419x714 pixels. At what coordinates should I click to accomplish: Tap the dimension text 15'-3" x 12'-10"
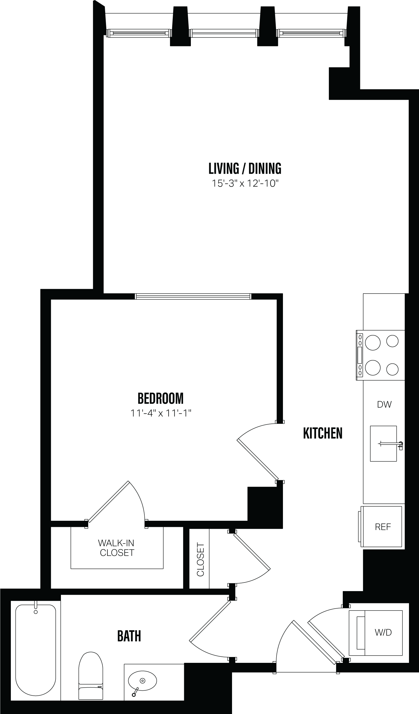(245, 184)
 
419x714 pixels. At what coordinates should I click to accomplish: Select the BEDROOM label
(161, 398)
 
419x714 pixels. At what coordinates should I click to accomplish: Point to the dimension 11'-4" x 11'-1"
(161, 413)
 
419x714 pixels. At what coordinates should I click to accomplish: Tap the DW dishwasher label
(384, 405)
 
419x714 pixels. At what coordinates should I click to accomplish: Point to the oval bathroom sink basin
(142, 681)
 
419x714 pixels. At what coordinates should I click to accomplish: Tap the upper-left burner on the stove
(373, 343)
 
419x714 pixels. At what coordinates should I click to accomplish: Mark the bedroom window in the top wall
(193, 297)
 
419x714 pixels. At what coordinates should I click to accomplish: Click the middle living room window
(224, 33)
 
